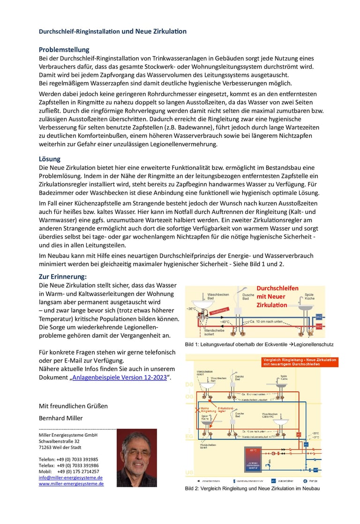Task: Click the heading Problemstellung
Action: pyautogui.click(x=64, y=50)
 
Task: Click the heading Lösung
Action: pyautogui.click(x=49, y=159)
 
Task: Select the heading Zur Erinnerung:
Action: pyautogui.click(x=62, y=276)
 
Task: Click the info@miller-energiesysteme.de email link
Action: pyautogui.click(x=70, y=477)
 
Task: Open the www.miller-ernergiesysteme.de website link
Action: pyautogui.click(x=71, y=483)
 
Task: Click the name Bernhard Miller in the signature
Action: pyautogui.click(x=60, y=418)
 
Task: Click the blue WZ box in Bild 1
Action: pyautogui.click(x=319, y=317)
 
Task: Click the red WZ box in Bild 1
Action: pyautogui.click(x=319, y=326)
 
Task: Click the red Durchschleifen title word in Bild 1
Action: pyautogui.click(x=277, y=288)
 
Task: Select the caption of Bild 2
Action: pyautogui.click(x=252, y=488)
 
